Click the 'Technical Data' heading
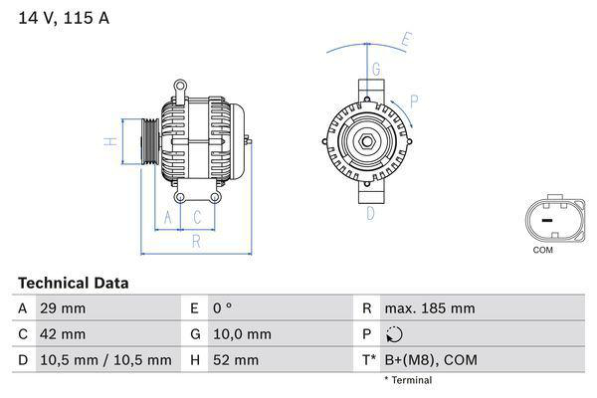(73, 284)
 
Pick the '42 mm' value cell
(62, 334)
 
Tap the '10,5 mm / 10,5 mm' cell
(104, 360)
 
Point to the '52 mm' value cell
(235, 360)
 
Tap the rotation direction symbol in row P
(397, 335)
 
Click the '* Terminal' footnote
(408, 380)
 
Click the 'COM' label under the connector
(542, 251)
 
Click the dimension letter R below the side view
(196, 241)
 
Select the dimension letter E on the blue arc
(406, 41)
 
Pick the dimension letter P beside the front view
(413, 99)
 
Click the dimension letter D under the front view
(369, 213)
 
